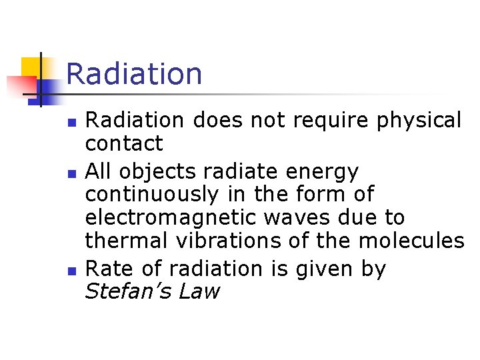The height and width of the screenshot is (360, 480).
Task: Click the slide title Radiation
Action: coord(134,73)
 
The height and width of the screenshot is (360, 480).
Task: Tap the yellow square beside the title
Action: coord(31,68)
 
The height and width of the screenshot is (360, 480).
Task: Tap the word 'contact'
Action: coord(124,143)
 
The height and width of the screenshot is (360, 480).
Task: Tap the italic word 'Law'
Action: coord(199,291)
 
